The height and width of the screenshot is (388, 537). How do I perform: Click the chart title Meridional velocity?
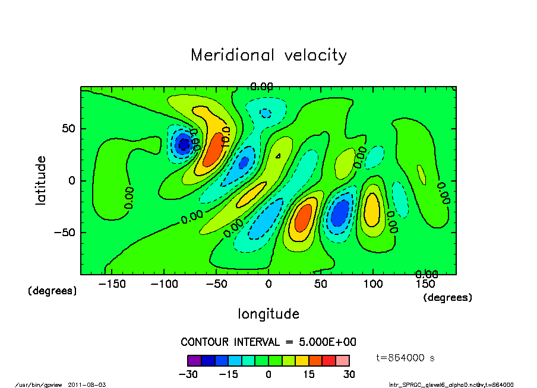[x=268, y=55]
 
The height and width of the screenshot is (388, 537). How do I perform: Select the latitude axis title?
[x=41, y=180]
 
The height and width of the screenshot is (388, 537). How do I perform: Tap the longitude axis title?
[x=268, y=314]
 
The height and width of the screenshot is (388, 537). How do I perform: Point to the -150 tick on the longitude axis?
[x=112, y=284]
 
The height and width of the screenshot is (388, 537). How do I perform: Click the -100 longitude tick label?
[x=164, y=284]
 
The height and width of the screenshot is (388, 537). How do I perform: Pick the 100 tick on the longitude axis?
[x=372, y=284]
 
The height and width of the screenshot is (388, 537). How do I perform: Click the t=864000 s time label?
[x=406, y=358]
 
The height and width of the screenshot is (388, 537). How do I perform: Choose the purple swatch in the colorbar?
[x=194, y=360]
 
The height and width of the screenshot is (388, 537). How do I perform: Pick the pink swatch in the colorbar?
[x=342, y=360]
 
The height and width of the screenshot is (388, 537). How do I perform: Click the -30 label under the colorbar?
[x=188, y=374]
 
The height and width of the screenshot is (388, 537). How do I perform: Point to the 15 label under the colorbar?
[x=309, y=374]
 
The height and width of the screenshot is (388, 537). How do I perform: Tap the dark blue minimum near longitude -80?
[x=184, y=144]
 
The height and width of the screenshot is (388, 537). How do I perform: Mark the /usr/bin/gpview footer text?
[x=39, y=384]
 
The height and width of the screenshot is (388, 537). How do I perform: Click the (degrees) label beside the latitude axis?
[x=52, y=291]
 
